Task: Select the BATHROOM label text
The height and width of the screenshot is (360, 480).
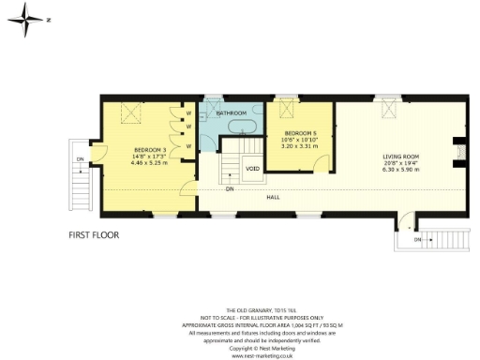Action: [231, 113]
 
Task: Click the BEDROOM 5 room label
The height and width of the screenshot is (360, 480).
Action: [301, 133]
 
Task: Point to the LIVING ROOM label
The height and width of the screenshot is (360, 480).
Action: [400, 157]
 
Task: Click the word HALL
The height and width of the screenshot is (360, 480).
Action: [273, 197]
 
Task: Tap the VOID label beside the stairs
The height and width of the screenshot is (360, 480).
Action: [252, 170]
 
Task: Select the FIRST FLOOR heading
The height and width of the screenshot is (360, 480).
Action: [94, 235]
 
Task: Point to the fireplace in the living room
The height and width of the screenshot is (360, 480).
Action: [458, 152]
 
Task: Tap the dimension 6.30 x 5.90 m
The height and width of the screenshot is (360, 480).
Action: [400, 171]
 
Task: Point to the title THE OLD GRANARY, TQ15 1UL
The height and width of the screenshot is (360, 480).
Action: [240, 310]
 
